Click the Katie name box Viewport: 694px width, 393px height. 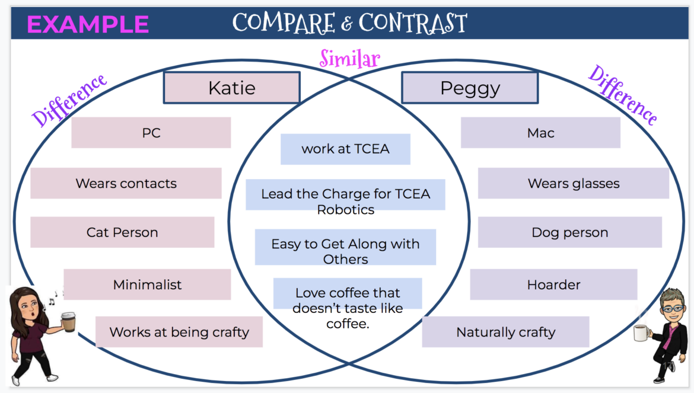tap(231, 88)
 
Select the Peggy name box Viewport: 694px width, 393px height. tap(470, 88)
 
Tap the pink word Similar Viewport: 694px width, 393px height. tap(349, 59)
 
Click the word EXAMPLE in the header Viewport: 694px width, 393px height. tap(88, 24)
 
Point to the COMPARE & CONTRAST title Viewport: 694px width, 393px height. tap(349, 23)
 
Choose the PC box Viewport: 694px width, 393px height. tap(151, 133)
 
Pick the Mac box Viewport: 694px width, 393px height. tap(540, 133)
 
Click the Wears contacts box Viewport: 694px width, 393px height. tap(126, 183)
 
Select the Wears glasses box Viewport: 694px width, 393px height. tap(573, 183)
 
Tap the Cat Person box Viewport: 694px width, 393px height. tap(122, 232)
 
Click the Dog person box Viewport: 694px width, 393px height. tap(569, 232)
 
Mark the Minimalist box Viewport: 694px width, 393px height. tap(147, 285)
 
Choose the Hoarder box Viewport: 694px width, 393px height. tap(553, 285)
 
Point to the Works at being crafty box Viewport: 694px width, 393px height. tap(179, 332)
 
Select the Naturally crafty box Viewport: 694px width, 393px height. tap(505, 332)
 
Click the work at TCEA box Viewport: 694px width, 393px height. tap(345, 149)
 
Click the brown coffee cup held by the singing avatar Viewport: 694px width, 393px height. tap(69, 321)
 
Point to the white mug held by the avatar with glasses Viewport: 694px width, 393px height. tap(639, 333)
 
